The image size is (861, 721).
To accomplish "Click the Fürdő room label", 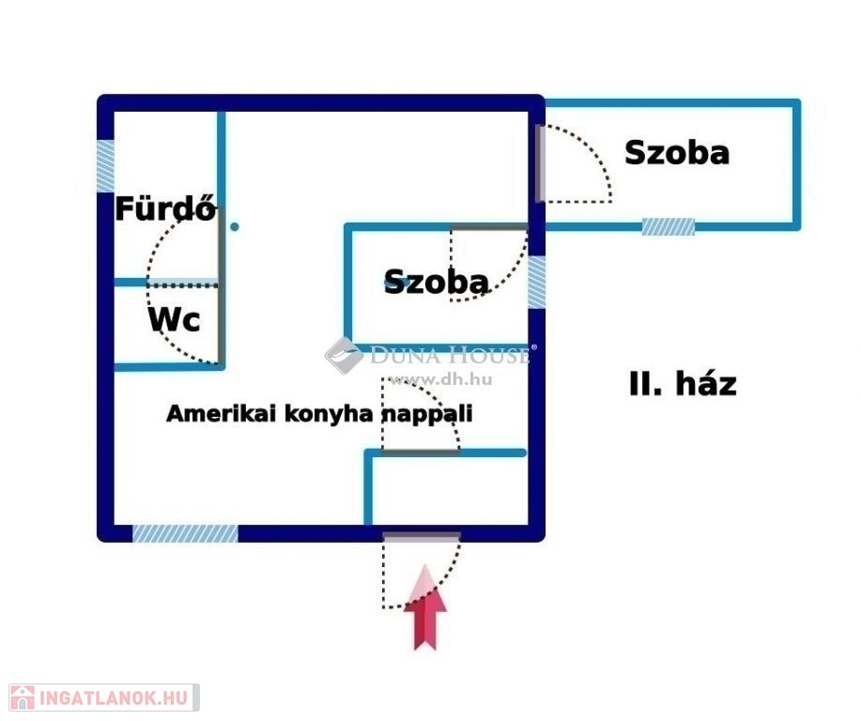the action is pyautogui.click(x=166, y=208).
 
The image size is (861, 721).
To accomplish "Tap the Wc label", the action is pyautogui.click(x=174, y=319).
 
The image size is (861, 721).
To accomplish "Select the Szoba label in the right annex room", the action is pyautogui.click(x=677, y=152).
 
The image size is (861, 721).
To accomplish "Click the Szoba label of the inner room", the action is pyautogui.click(x=436, y=282).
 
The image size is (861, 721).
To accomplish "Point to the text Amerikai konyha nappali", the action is pyautogui.click(x=319, y=413).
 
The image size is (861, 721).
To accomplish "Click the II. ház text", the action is pyautogui.click(x=683, y=384).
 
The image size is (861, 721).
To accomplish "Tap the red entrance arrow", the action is pyautogui.click(x=425, y=606).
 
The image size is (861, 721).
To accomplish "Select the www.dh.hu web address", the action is pyautogui.click(x=439, y=379).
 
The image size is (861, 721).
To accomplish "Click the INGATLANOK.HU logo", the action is pyautogui.click(x=104, y=698).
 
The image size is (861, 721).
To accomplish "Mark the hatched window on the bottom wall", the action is pyautogui.click(x=186, y=533).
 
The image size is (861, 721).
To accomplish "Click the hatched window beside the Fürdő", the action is pyautogui.click(x=105, y=166).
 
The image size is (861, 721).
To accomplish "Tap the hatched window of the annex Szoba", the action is pyautogui.click(x=669, y=227).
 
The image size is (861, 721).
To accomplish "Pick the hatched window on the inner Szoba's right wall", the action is pyautogui.click(x=536, y=283).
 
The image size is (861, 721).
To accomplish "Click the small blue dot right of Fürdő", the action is pyautogui.click(x=235, y=226).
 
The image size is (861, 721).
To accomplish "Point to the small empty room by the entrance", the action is pyautogui.click(x=449, y=490).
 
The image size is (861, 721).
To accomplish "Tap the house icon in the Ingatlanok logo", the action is pyautogui.click(x=23, y=698).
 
